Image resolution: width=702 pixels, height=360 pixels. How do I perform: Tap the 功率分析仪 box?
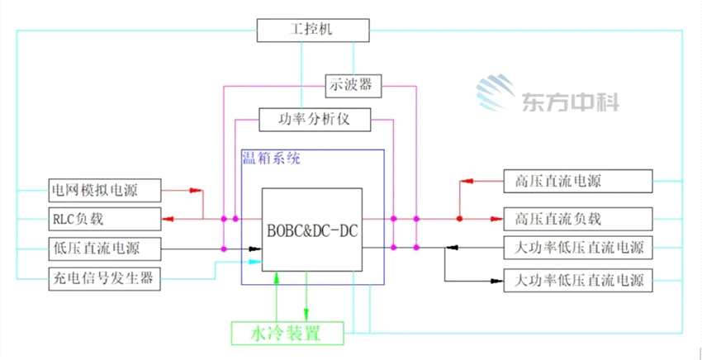[x=315, y=118]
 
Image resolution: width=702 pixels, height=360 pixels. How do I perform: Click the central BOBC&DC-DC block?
[x=312, y=230]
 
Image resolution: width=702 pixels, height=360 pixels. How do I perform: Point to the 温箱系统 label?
[x=270, y=158]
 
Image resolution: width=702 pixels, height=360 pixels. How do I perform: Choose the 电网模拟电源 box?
[x=103, y=190]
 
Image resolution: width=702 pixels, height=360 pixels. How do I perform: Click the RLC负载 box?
[x=103, y=219]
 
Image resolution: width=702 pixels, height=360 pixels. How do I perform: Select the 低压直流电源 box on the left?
[x=103, y=248]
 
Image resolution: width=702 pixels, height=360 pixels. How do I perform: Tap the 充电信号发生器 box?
[x=103, y=277]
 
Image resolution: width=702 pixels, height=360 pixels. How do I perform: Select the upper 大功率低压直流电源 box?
[x=578, y=247]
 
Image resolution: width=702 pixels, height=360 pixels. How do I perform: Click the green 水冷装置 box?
[x=285, y=334]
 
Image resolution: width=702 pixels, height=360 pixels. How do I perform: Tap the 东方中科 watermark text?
[x=570, y=102]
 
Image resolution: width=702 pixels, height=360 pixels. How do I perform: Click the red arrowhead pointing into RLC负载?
[x=168, y=219]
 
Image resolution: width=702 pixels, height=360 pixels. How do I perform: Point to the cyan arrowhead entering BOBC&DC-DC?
[x=255, y=263]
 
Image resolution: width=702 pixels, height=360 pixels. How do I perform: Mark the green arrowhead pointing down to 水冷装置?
[x=306, y=315]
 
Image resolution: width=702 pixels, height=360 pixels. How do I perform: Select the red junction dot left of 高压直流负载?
[x=460, y=219]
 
